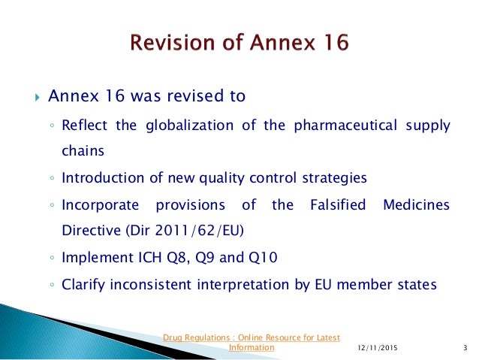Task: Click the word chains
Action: point(83,150)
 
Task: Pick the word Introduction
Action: point(103,178)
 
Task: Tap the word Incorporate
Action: point(100,204)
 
